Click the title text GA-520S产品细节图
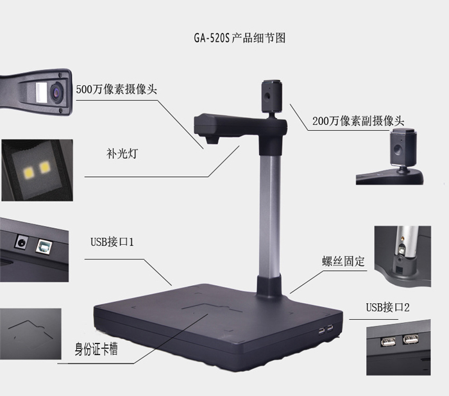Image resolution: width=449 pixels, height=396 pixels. coord(240,38)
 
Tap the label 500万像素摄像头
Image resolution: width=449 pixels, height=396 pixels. coord(117,90)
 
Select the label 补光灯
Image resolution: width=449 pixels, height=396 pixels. coord(123,154)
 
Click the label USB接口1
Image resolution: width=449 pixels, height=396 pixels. coord(112,242)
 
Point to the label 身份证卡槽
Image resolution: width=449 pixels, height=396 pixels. coord(96,349)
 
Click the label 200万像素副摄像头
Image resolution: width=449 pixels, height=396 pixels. coord(358,120)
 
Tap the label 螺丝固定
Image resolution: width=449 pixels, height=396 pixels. coord(343,261)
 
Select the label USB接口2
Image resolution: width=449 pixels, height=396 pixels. coord(387,308)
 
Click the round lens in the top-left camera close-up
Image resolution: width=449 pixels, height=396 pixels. coord(56,92)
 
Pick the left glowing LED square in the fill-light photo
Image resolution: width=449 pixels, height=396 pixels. coord(30,172)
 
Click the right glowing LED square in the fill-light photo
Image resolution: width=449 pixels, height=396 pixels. coord(45,167)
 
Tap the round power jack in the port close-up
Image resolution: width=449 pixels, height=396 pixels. coord(21,243)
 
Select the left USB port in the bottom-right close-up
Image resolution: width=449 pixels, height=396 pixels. coord(388,342)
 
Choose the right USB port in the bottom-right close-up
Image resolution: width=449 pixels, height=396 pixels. coord(411,340)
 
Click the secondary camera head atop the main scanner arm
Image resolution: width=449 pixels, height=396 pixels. coord(272,96)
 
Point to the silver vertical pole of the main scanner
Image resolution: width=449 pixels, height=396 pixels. coord(270,215)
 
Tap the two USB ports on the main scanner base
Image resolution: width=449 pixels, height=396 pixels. coord(326,330)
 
